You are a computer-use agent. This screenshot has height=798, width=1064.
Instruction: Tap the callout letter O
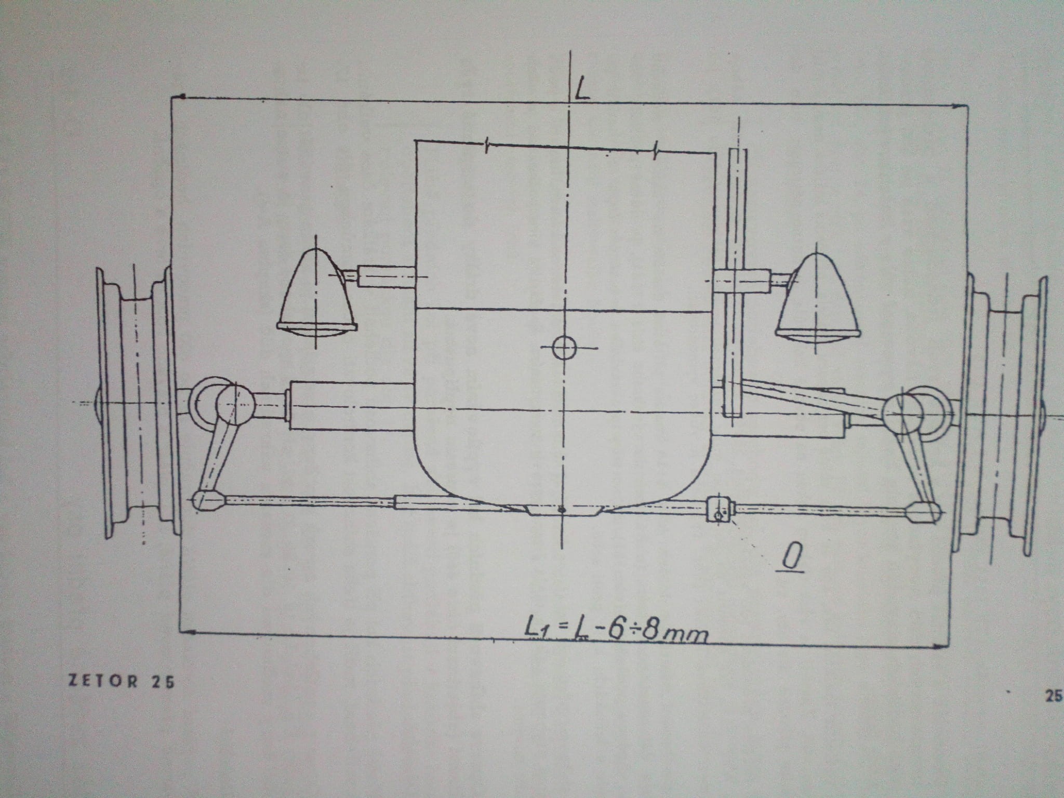pyautogui.click(x=793, y=558)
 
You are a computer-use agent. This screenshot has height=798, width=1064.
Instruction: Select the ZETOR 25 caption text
pyautogui.click(x=122, y=682)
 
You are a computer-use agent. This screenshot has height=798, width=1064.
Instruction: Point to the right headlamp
pyautogui.click(x=817, y=298)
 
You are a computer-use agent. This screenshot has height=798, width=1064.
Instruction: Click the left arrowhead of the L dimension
pyautogui.click(x=180, y=97)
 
